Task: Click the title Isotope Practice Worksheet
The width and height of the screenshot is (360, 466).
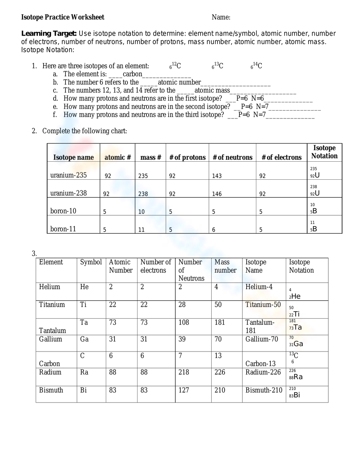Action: point(63,17)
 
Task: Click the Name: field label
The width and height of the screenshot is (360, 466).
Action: point(221,17)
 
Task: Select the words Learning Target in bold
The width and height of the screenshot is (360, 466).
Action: point(49,33)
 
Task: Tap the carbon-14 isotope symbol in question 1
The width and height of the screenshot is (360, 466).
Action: point(257,66)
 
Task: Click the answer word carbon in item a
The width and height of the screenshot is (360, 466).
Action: point(132,74)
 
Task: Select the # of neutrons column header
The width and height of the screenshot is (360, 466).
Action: point(233,157)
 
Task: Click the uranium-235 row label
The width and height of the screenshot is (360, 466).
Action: point(68,175)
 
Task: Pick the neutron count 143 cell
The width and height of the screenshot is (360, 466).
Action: point(217,176)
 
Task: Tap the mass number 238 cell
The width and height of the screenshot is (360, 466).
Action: point(143,194)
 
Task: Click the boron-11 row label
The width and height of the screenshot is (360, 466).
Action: point(63,229)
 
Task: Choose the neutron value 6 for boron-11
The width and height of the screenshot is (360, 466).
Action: point(213,230)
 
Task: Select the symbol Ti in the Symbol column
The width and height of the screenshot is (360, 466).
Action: point(83,305)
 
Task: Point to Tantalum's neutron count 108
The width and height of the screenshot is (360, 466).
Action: point(184,322)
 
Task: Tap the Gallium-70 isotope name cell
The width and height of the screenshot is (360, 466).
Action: point(262,339)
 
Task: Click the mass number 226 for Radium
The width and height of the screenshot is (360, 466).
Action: point(220,372)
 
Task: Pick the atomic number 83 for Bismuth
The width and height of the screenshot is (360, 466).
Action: point(113,390)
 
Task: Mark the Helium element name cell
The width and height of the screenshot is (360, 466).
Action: point(50,287)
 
